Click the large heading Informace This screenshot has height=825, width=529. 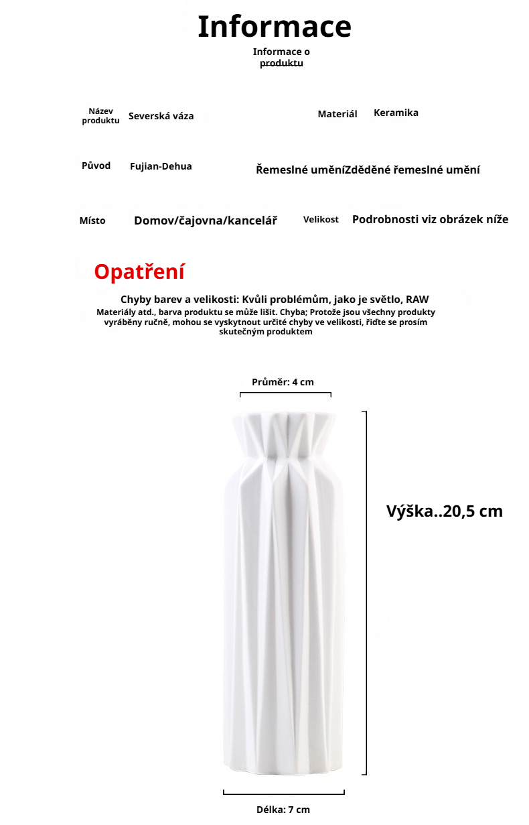(x=275, y=27)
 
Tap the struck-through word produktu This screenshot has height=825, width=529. (x=281, y=63)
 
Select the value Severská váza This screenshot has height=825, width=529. (x=161, y=116)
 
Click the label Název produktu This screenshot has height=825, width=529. (x=100, y=116)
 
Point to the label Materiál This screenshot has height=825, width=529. (x=337, y=115)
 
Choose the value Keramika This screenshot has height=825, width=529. (x=396, y=113)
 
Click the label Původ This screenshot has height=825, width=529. (x=96, y=166)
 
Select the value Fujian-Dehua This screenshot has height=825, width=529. (x=161, y=166)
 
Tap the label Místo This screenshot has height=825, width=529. (x=92, y=220)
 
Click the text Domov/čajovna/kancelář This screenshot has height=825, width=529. (x=206, y=220)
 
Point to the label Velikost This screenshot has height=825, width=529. (x=321, y=220)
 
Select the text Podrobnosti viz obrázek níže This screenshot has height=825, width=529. (x=430, y=219)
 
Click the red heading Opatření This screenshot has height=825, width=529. (x=139, y=272)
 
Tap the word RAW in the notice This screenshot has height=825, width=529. (x=417, y=299)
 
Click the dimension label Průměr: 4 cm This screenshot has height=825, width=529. (x=283, y=382)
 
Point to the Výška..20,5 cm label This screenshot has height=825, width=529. (x=445, y=511)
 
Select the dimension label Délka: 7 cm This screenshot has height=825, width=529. (x=283, y=810)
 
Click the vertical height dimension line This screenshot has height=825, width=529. (x=366, y=593)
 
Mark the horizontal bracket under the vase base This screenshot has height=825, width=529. (x=284, y=794)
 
